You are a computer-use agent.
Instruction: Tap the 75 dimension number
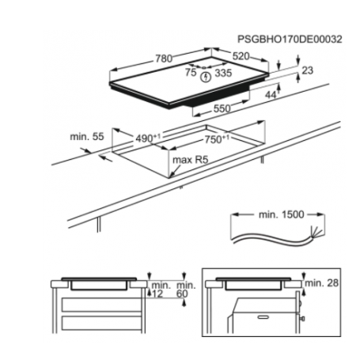coord(191,72)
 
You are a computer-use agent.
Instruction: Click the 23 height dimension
coord(309,70)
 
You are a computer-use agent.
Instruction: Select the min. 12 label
coord(161,290)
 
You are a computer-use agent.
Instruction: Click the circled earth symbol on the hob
coord(206,77)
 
